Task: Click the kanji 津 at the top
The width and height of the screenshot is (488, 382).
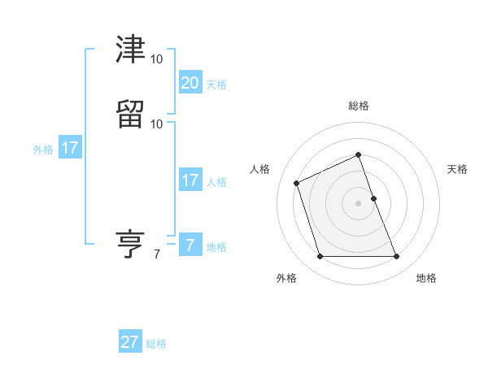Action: click(131, 52)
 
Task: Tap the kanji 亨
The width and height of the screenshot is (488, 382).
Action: click(131, 243)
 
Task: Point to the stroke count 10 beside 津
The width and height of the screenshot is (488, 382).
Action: click(156, 59)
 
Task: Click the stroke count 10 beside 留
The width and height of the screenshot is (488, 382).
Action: click(156, 124)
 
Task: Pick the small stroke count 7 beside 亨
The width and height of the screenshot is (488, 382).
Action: click(157, 254)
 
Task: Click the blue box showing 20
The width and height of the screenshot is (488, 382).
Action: click(190, 82)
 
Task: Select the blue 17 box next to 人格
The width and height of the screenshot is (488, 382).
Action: click(190, 180)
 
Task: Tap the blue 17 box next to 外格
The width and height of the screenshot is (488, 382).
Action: click(70, 148)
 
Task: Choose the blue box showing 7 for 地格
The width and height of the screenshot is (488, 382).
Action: click(190, 245)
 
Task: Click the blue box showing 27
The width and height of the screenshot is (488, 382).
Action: click(130, 342)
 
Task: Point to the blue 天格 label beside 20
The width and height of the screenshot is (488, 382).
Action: click(216, 84)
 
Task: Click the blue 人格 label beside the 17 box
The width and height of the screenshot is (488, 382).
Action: click(216, 182)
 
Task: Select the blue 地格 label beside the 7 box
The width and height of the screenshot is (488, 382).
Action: click(216, 247)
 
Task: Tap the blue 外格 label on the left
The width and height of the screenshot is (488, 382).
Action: click(43, 150)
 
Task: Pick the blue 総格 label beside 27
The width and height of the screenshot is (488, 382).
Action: click(156, 344)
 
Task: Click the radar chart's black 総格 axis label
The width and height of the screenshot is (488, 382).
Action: click(359, 106)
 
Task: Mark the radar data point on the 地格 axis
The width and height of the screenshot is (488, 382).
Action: click(397, 257)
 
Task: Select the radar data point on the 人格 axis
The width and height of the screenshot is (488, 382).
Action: click(297, 182)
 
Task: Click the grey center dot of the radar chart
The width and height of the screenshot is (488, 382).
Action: click(359, 203)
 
